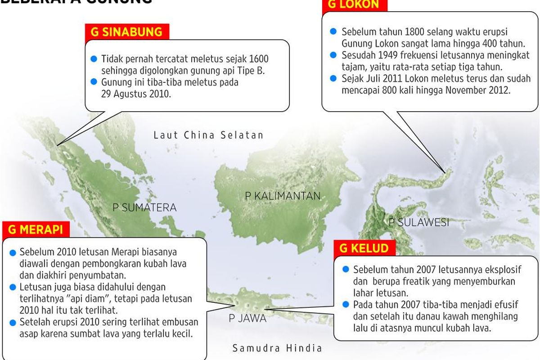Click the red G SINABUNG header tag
point(126,32)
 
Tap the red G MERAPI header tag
point(36,229)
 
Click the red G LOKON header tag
point(354,4)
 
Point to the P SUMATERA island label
point(144,207)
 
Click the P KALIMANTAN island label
point(283,196)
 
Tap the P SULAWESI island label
point(418,222)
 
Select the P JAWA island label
point(247,318)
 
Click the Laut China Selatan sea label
point(208,135)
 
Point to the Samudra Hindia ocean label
point(277,348)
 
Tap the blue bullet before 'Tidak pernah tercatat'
point(94,59)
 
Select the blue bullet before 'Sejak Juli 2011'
point(333,78)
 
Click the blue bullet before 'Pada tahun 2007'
point(345,304)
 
